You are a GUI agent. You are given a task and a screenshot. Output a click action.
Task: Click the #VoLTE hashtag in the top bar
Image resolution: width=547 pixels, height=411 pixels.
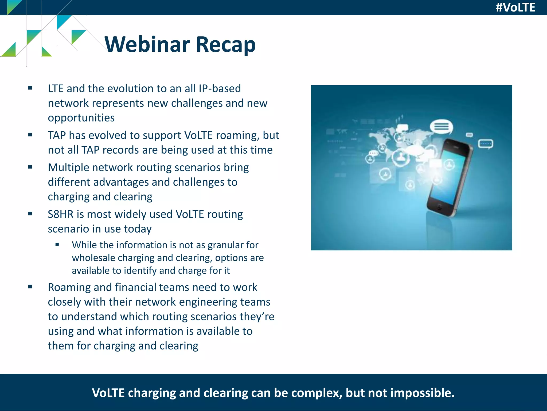515,7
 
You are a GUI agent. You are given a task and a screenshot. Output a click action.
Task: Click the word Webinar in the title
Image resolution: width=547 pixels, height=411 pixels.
147,44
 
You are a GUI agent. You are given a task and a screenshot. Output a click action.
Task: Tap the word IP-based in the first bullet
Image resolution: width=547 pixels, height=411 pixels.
220,89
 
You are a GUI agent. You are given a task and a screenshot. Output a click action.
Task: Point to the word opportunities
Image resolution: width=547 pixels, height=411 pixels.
81,118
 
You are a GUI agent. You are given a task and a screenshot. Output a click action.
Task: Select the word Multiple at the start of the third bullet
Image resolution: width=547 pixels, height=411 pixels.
68,168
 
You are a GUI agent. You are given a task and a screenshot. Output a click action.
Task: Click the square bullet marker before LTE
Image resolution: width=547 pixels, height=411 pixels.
30,88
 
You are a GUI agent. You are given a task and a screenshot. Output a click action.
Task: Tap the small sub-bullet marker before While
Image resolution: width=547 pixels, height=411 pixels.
57,244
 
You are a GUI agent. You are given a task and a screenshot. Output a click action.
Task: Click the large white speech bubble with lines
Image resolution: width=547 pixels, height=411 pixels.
441,126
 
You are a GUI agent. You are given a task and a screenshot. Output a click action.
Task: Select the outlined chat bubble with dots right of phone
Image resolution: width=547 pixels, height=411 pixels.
485,144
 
